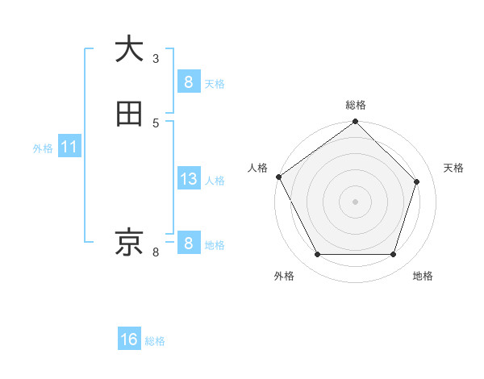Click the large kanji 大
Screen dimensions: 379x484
(x=129, y=48)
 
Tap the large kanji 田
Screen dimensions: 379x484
(x=129, y=114)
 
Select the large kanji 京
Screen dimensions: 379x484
(x=129, y=242)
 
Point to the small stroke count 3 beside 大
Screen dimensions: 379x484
(x=156, y=58)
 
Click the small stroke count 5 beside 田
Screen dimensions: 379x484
(x=156, y=123)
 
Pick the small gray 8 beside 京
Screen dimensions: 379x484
(x=156, y=252)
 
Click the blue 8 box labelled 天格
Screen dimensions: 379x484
(x=188, y=82)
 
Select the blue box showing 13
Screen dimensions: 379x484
(x=188, y=179)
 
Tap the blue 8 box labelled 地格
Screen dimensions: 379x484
(x=188, y=243)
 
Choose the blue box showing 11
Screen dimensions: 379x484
(x=69, y=148)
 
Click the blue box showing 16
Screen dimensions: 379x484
(x=129, y=339)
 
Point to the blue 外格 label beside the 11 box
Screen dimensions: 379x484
(x=43, y=148)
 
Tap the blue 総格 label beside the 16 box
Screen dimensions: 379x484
(x=155, y=341)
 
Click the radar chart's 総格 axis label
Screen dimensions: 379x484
(x=355, y=105)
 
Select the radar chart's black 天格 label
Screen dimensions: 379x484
(x=454, y=168)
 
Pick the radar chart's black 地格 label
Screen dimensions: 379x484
(x=423, y=277)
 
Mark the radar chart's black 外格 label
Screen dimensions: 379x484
(x=284, y=277)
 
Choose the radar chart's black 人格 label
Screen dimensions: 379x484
(x=257, y=168)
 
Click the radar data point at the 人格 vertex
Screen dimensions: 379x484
(x=278, y=177)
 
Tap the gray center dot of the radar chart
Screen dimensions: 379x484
(x=355, y=202)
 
